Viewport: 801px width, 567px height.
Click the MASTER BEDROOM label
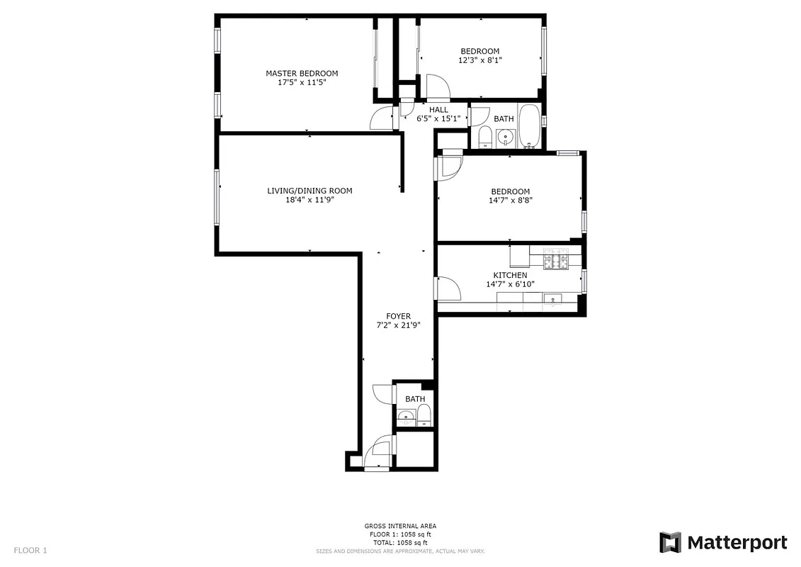302,74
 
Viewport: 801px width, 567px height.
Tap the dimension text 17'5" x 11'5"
302,82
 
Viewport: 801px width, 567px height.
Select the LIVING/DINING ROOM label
309,191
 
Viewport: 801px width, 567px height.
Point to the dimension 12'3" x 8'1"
479,60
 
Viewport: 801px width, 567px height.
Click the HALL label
438,110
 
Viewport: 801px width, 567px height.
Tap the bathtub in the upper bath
529,126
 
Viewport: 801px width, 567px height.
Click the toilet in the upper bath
485,137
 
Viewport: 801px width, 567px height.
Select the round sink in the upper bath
504,137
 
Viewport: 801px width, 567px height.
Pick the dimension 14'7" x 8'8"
510,201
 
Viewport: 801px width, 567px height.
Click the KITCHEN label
510,275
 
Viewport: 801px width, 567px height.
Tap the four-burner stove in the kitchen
557,260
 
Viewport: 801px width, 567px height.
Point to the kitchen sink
552,299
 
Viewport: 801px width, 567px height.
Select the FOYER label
398,317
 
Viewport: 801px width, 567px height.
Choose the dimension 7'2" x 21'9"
398,325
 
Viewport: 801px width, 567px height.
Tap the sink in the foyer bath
406,417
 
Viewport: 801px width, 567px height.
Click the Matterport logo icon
670,542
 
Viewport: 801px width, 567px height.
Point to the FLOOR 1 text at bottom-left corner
30,550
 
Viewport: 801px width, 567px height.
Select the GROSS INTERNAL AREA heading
400,526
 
